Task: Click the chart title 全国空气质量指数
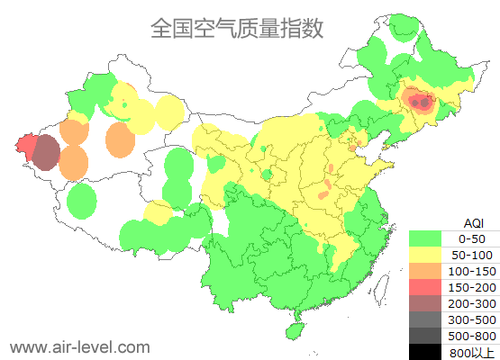coord(236,29)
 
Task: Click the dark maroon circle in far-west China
coord(46,153)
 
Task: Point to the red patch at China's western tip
coord(25,145)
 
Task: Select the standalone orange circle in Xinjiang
coord(120,139)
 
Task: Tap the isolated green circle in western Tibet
coord(81,200)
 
